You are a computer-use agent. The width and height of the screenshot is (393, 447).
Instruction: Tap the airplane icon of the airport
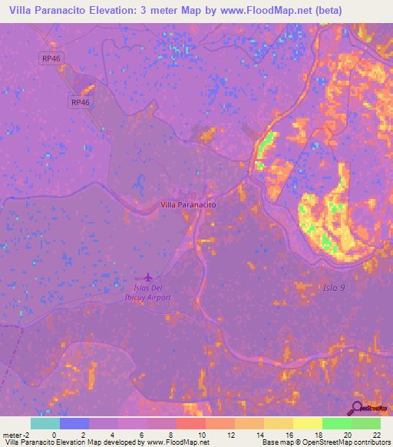147,276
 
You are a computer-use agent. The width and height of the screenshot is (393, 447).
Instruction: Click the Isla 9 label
332,286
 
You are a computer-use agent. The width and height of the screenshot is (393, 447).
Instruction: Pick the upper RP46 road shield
51,58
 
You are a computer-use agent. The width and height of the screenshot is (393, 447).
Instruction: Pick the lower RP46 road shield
81,102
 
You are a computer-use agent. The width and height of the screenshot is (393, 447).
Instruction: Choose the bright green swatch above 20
336,423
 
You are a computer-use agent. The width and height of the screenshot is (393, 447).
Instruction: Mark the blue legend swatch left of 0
74,423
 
